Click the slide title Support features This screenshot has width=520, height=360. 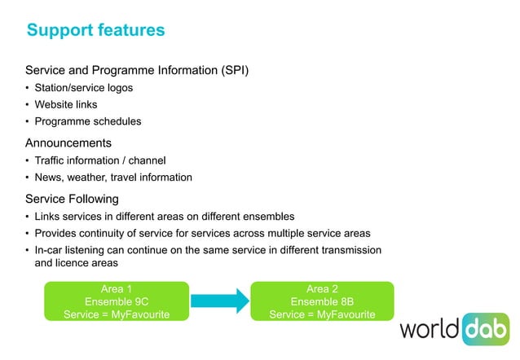(95, 31)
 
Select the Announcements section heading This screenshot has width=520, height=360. (68, 143)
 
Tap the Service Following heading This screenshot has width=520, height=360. (72, 199)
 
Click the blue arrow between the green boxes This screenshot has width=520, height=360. (218, 301)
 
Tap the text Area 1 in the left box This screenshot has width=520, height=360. (116, 289)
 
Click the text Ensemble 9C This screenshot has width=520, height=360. (116, 301)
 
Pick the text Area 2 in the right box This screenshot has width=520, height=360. (321, 289)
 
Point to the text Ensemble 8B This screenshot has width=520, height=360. (321, 301)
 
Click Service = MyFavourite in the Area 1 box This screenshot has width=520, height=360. (116, 314)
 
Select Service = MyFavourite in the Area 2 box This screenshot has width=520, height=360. (321, 314)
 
